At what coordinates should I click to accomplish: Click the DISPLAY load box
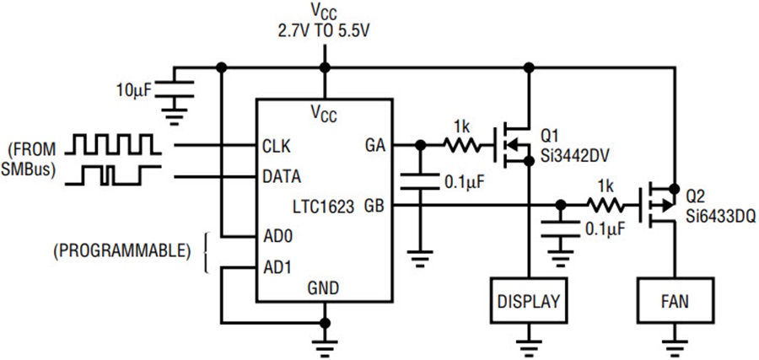point(529,300)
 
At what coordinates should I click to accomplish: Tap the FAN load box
point(676,300)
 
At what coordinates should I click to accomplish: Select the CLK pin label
point(277,146)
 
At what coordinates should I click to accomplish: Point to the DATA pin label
point(282,176)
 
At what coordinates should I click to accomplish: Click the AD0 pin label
point(277,237)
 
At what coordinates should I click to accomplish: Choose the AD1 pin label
point(277,267)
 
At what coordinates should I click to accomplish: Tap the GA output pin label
point(374,146)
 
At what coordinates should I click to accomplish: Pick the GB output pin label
point(374,207)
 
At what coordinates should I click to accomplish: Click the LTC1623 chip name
point(325,207)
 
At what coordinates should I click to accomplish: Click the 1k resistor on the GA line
point(462,145)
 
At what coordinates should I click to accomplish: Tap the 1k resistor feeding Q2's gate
point(606,206)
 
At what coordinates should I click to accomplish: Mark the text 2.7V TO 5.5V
point(325,32)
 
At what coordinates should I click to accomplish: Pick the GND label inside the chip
point(323,288)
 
